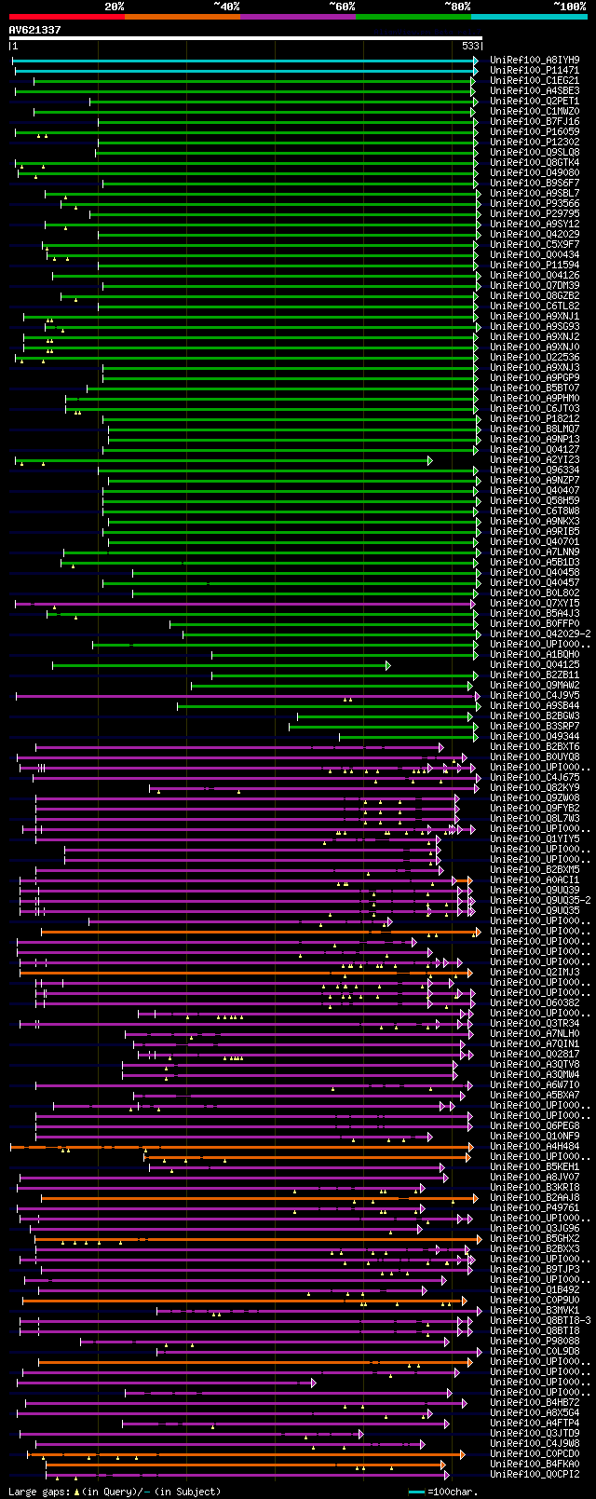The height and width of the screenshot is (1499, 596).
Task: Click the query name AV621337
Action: (35, 30)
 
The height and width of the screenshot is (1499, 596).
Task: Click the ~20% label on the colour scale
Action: (114, 7)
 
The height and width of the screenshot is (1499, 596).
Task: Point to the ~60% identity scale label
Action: (342, 7)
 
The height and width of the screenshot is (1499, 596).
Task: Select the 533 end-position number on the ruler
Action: (470, 46)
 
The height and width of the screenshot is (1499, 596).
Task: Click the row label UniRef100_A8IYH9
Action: (535, 60)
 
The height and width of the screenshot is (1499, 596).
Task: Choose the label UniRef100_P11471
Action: (535, 70)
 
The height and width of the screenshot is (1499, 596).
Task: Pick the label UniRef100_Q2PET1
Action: (535, 101)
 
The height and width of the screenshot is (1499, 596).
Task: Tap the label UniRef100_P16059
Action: (535, 131)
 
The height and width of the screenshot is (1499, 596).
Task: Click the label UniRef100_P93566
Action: (535, 203)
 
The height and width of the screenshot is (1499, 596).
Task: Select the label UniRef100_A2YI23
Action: (535, 459)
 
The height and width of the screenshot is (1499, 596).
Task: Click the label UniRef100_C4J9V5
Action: (535, 695)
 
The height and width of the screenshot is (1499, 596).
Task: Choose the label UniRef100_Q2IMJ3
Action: (535, 972)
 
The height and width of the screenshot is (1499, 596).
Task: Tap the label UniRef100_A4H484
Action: (535, 1146)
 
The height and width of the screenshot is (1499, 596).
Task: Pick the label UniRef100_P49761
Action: (535, 1207)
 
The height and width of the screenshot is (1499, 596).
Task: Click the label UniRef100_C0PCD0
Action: (535, 1453)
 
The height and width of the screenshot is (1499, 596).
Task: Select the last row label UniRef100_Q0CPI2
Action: (535, 1474)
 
